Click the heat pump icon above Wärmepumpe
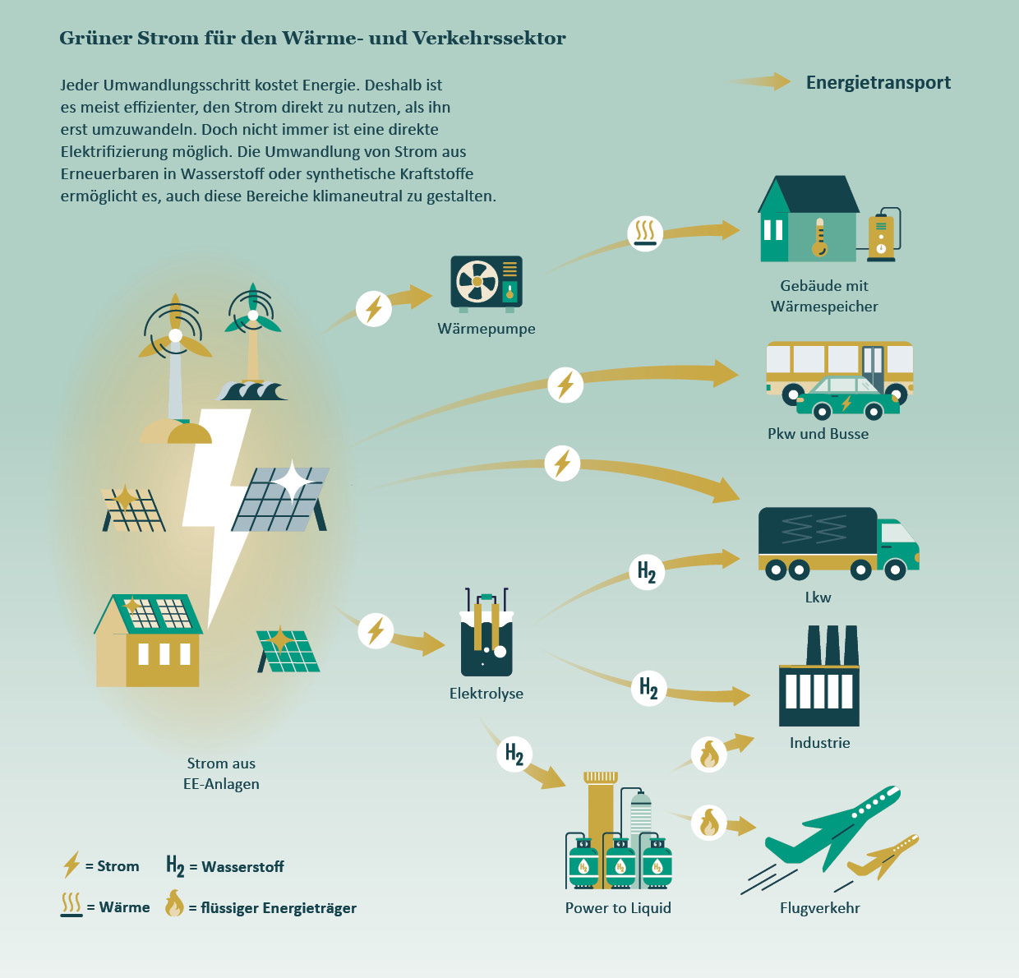[x=486, y=284]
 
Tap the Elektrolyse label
[x=486, y=693]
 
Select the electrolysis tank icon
[x=486, y=632]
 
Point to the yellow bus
[x=839, y=369]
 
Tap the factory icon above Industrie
[x=819, y=676]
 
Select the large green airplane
[x=832, y=828]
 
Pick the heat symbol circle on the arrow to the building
[x=645, y=233]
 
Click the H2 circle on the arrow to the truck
[x=647, y=572]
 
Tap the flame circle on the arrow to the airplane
[x=709, y=823]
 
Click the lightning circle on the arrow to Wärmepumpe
[x=373, y=309]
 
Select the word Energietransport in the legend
[x=878, y=83]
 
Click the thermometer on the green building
[x=820, y=238]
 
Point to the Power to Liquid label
[x=618, y=908]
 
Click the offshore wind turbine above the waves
[x=253, y=335]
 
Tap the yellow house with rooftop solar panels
[x=149, y=639]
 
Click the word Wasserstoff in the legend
[x=243, y=866]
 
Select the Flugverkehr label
[x=819, y=908]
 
